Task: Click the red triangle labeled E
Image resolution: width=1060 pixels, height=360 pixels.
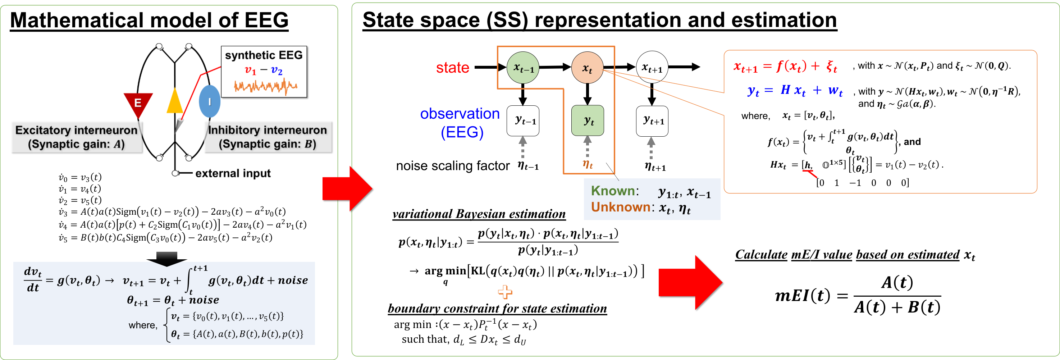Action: [138, 103]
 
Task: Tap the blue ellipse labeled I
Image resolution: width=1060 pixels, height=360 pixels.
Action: [210, 101]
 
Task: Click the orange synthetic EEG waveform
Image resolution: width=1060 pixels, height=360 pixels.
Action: [265, 86]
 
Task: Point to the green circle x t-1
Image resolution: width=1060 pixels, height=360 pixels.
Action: [523, 68]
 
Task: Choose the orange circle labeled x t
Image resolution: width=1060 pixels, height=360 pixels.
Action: [587, 68]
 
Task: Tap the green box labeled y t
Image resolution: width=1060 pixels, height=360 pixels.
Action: [588, 120]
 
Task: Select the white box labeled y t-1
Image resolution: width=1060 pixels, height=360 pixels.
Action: [523, 120]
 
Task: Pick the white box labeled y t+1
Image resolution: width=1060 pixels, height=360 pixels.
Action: [652, 120]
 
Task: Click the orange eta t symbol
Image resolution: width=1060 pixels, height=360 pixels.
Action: [588, 164]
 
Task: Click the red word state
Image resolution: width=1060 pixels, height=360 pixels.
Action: [453, 68]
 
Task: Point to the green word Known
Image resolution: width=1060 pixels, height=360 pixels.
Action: [613, 191]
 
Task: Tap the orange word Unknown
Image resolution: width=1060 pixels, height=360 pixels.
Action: [620, 207]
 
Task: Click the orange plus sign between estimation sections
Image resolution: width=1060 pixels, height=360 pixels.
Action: [505, 292]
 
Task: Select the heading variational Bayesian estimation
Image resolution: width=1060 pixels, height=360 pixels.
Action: [479, 214]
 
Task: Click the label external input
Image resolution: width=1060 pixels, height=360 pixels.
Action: [233, 173]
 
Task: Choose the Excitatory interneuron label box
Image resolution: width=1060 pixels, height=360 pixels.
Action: [77, 137]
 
